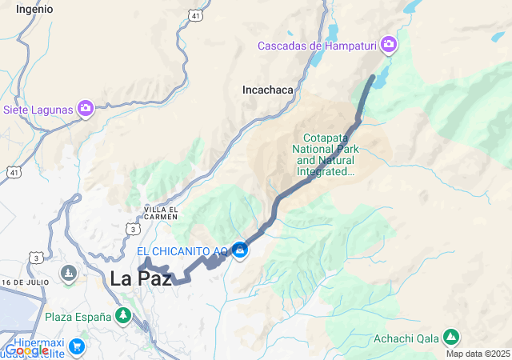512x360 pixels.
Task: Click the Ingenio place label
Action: coord(34,9)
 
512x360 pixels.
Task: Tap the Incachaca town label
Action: coord(268,90)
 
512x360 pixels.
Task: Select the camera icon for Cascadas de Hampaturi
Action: coord(389,44)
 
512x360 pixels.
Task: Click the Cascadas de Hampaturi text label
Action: coord(318,46)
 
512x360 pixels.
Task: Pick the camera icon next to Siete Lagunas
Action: coord(86,108)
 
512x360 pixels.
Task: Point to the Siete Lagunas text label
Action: coord(38,109)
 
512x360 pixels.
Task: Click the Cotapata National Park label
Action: coord(326,154)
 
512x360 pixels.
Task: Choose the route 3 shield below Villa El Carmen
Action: coord(131,230)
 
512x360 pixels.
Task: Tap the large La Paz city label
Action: coord(141,278)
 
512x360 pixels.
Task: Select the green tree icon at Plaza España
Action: coord(123,316)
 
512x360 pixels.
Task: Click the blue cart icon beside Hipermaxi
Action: coord(77,346)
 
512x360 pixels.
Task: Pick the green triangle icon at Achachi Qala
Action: coord(451,337)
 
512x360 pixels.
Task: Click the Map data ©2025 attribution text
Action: coord(478,354)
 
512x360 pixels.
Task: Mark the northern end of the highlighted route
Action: coord(373,77)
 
